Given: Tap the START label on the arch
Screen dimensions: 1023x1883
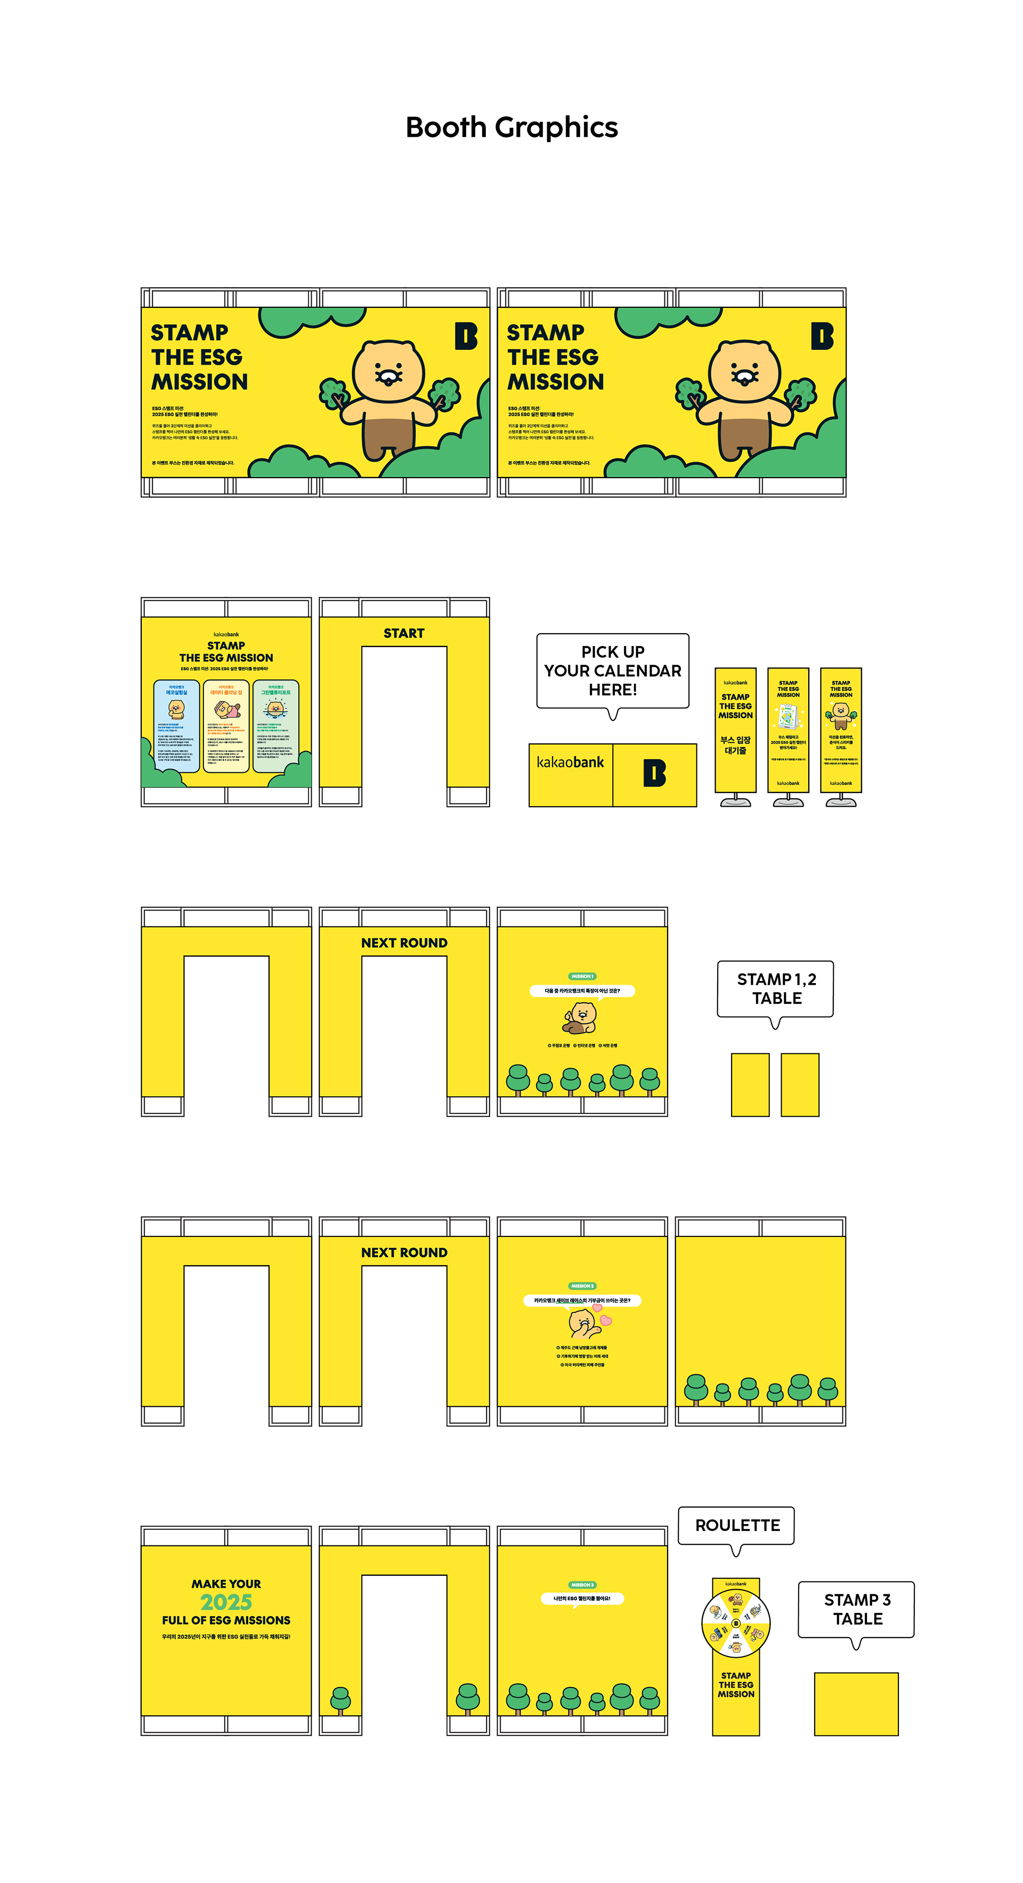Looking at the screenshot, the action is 404,633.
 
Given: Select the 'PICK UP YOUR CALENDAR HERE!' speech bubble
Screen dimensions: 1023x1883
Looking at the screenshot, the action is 612,670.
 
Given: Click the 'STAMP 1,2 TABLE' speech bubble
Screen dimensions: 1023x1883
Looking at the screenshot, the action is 775,988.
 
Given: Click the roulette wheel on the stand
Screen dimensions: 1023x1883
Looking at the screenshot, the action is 736,1624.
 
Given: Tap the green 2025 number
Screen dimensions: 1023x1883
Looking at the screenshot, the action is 226,1602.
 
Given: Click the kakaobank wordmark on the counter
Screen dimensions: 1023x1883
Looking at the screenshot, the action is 570,763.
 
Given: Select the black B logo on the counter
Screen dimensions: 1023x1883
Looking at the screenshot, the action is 654,773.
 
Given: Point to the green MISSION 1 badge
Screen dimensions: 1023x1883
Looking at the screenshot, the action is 582,976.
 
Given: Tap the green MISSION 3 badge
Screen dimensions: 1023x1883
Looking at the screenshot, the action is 582,1584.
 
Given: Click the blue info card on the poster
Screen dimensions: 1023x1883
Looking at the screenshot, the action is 176,725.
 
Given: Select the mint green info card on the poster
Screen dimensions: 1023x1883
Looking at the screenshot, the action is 275,725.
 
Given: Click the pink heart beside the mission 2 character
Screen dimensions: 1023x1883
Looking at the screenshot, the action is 605,1320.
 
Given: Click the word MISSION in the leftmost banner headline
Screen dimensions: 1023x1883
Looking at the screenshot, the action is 199,382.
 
